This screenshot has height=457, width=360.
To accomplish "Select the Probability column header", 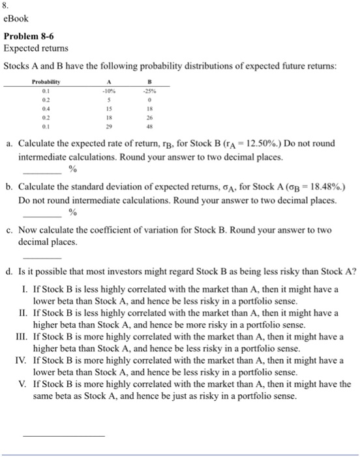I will [46, 83].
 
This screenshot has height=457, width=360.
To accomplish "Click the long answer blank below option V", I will [63, 434].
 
